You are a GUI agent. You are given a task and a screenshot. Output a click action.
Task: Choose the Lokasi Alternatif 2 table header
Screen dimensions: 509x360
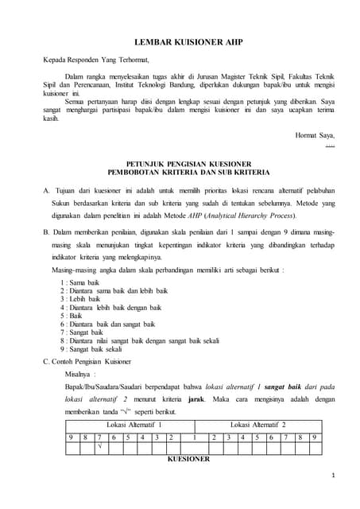(x=257, y=426)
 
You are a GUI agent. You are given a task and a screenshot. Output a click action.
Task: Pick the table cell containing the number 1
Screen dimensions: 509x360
(x=195, y=437)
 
